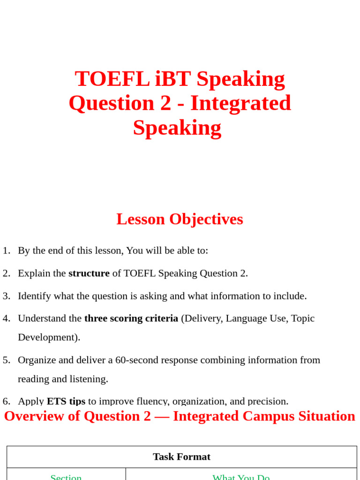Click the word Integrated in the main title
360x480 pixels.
tap(240, 103)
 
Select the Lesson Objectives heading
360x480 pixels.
tap(180, 219)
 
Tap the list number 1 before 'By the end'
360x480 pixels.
tap(6, 250)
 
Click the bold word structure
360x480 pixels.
tap(89, 273)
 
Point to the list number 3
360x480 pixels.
tap(6, 296)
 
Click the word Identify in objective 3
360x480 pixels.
tap(34, 296)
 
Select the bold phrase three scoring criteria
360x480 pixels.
tap(131, 318)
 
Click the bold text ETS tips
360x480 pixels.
tap(66, 401)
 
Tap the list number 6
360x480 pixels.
tap(6, 401)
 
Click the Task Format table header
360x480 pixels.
tap(181, 457)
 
